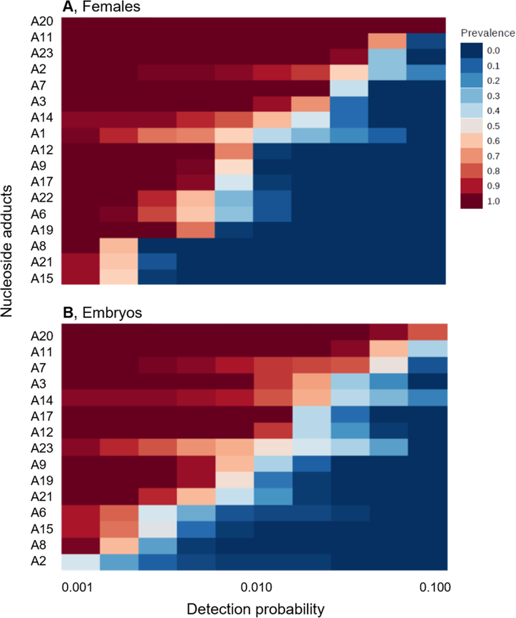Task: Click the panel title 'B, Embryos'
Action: (x=98, y=313)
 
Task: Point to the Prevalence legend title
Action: (x=488, y=34)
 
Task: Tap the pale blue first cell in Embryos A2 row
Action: (x=81, y=562)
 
